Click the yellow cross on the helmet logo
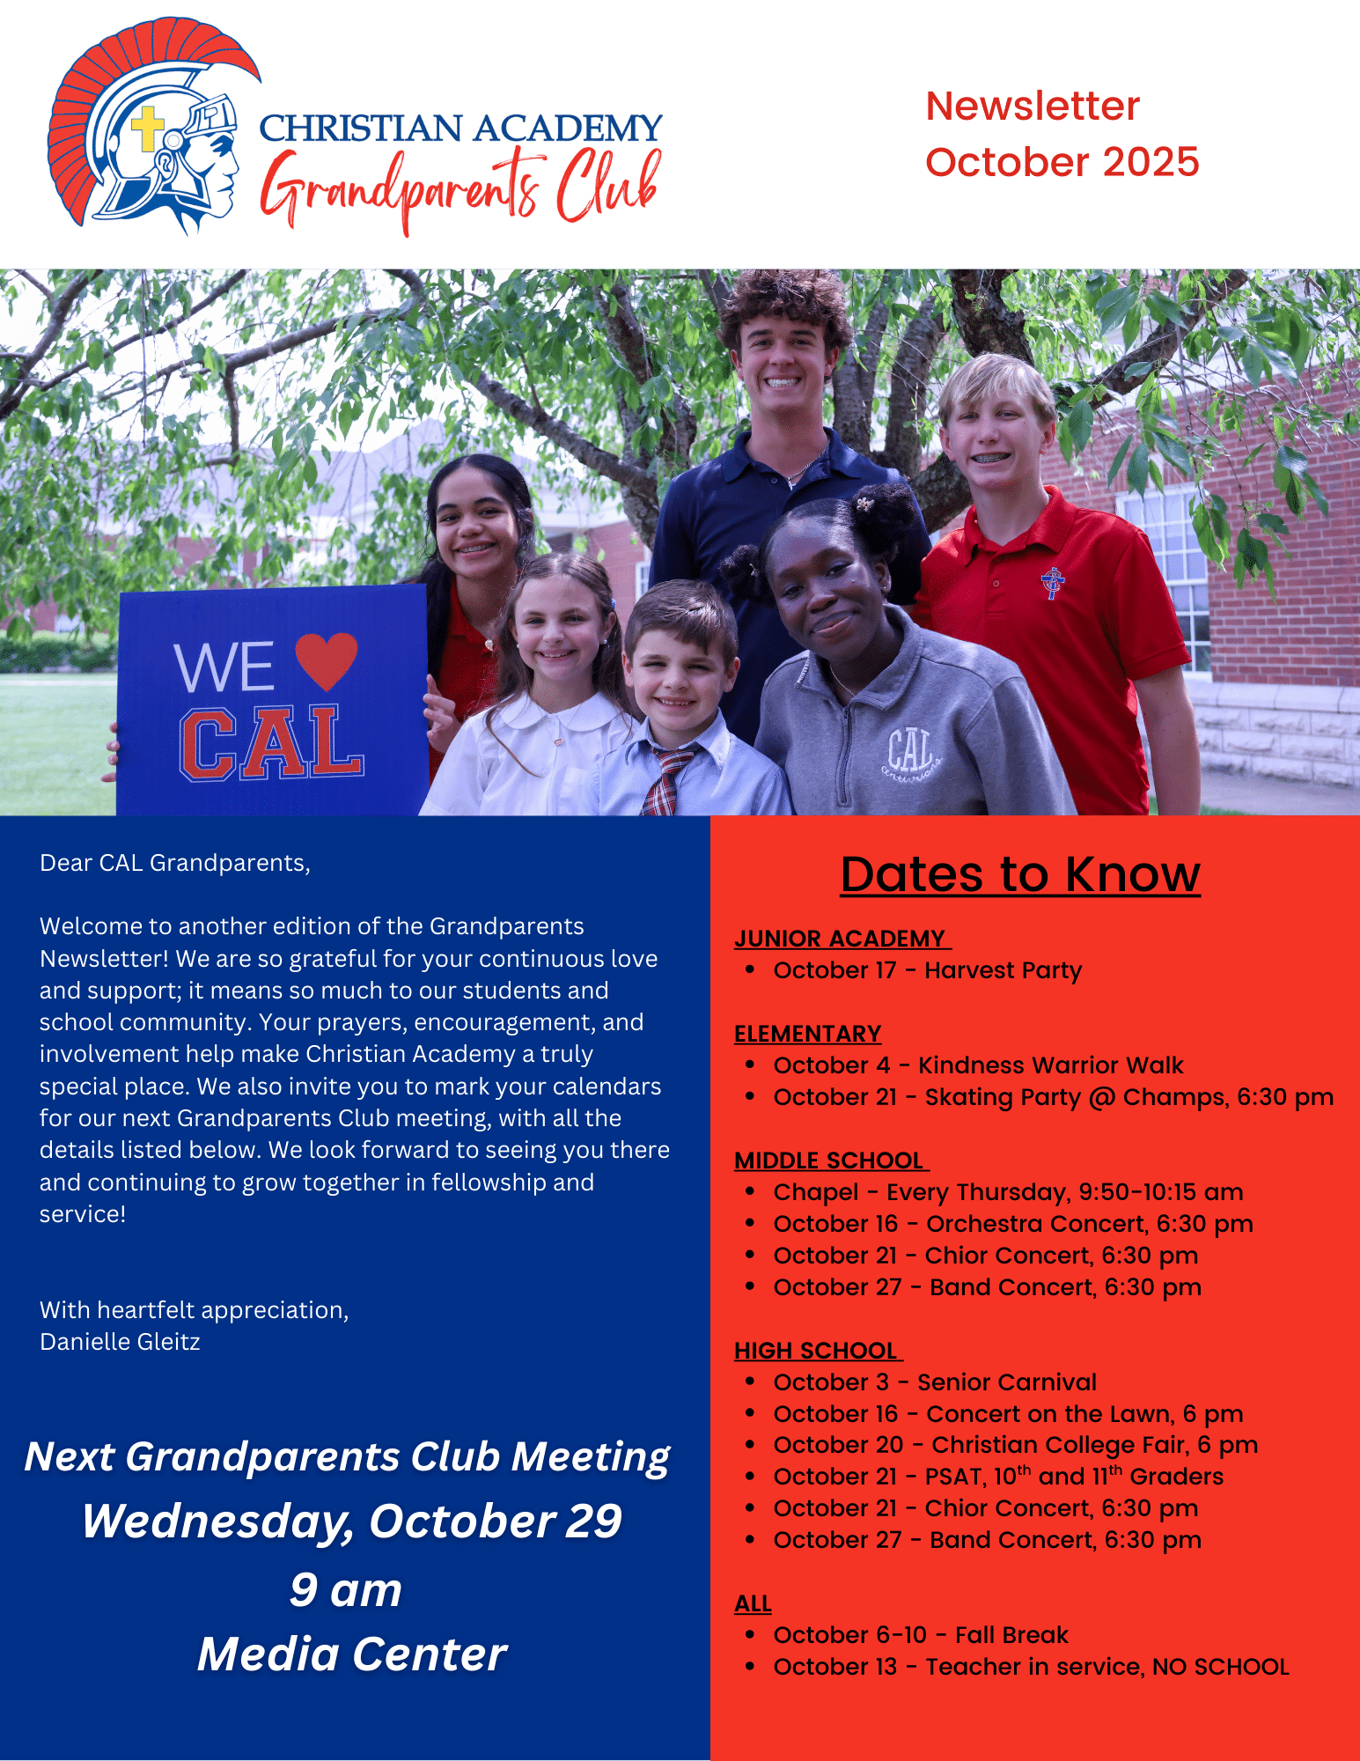click(x=147, y=129)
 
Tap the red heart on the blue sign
click(x=326, y=659)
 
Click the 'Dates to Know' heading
click(x=1019, y=874)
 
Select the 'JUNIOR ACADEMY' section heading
click(x=842, y=939)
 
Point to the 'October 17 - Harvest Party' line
click(x=927, y=970)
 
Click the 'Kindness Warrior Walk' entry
click(x=978, y=1065)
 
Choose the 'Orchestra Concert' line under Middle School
click(x=1012, y=1224)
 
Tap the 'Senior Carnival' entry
click(x=935, y=1382)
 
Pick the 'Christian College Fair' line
click(x=1015, y=1445)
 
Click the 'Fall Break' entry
click(x=920, y=1635)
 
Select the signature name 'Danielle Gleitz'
click(x=120, y=1342)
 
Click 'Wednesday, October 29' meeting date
click(x=352, y=1522)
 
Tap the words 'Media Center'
click(x=352, y=1654)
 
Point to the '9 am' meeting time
click(x=346, y=1590)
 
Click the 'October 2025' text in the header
click(x=1062, y=162)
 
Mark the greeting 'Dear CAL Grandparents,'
click(x=175, y=863)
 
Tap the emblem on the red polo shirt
click(x=1052, y=582)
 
